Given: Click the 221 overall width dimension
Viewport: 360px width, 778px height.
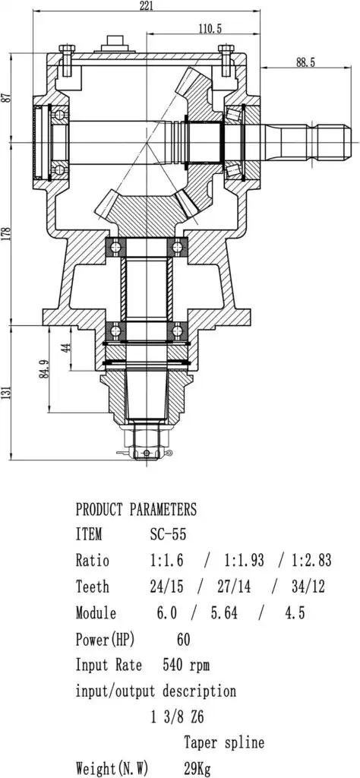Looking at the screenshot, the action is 147,6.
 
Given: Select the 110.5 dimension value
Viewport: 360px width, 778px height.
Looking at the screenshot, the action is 210,28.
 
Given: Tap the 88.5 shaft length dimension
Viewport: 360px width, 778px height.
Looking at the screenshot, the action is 305,62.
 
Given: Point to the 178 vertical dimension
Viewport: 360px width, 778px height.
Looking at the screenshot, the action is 6,234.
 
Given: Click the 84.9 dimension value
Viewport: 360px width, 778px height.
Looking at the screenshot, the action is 44,368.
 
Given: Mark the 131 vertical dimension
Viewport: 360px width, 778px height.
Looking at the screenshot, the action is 6,393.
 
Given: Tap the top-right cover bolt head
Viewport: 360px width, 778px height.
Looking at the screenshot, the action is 226,49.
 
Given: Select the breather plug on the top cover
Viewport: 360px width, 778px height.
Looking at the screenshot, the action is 118,43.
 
